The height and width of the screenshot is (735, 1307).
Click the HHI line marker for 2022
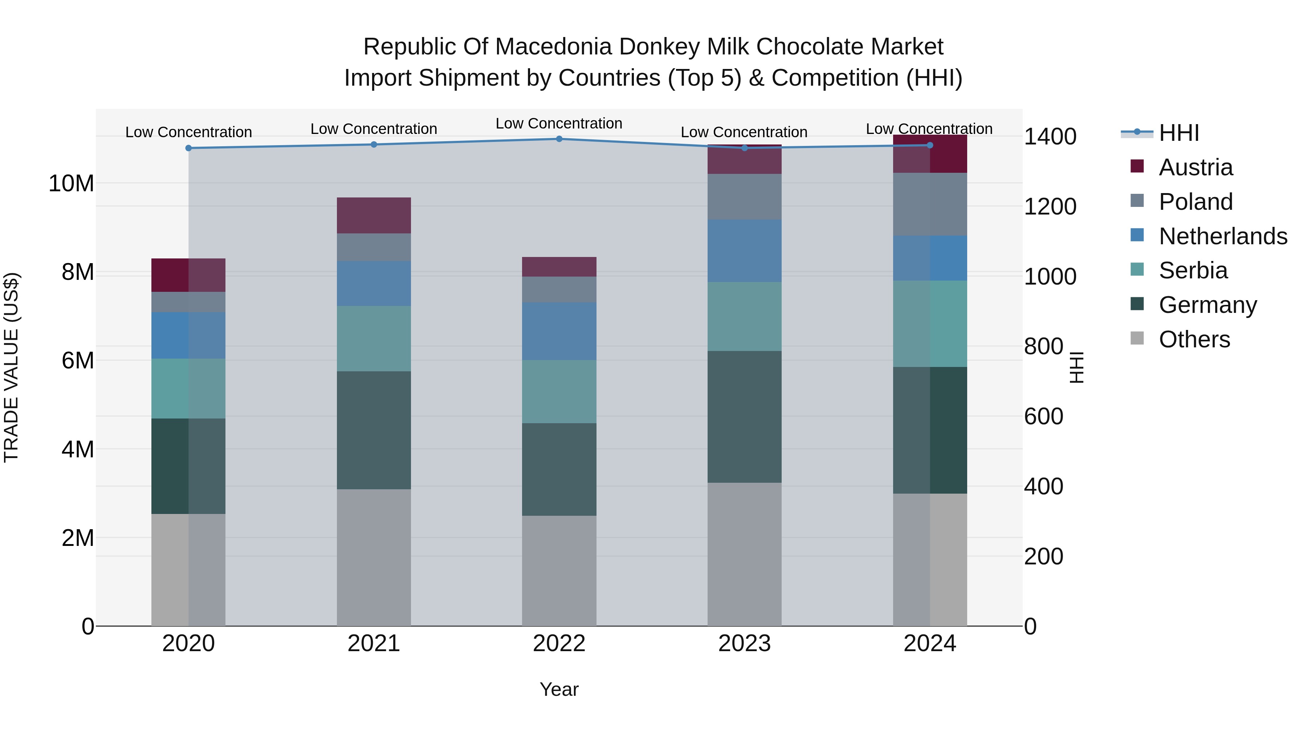(x=559, y=139)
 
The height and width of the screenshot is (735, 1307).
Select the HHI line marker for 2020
(x=189, y=148)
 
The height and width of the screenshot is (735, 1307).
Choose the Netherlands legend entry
(x=1222, y=236)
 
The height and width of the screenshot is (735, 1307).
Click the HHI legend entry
(x=1178, y=133)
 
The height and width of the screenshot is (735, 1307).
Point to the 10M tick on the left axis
(x=71, y=183)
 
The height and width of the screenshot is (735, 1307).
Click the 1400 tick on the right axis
(x=1050, y=136)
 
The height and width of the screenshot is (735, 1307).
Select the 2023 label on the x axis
(x=744, y=644)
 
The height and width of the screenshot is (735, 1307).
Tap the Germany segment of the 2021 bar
(x=374, y=430)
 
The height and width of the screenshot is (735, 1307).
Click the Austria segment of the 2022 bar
(x=559, y=267)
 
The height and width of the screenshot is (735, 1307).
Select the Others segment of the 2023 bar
(x=744, y=554)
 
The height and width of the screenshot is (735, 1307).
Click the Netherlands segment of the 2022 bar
(x=559, y=331)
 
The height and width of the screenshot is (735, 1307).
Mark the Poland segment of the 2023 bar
(x=744, y=197)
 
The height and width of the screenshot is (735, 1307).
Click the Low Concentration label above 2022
(x=559, y=123)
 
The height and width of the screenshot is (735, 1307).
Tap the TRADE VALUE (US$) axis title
(x=11, y=367)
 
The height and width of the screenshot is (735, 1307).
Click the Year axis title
(x=559, y=689)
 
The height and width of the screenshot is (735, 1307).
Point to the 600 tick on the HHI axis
(x=1043, y=416)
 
